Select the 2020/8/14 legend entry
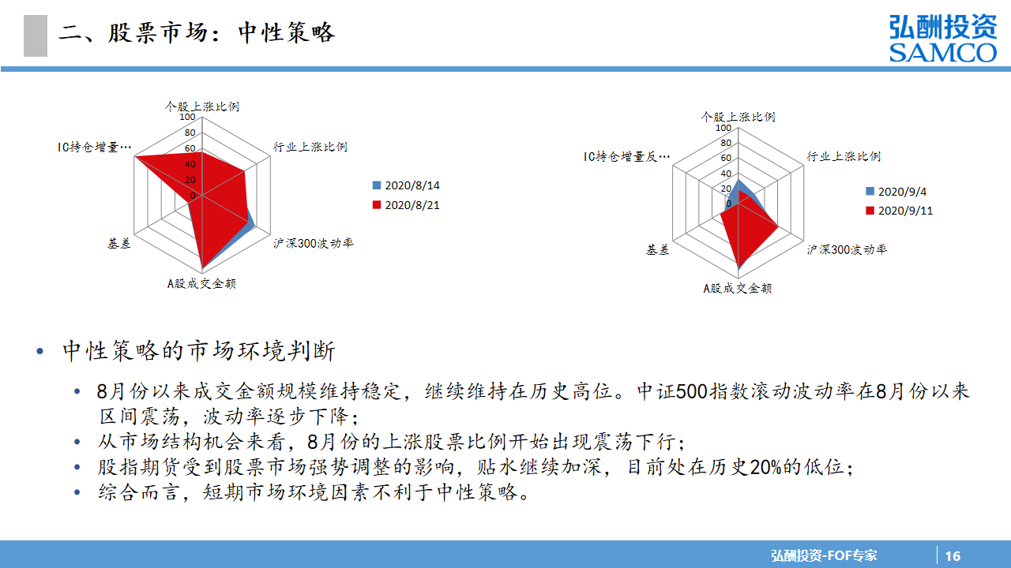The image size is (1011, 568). [406, 185]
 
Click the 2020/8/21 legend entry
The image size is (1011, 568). [406, 205]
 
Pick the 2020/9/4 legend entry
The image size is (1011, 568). [896, 192]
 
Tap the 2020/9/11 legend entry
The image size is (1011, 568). [899, 211]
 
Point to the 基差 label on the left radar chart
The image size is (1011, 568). [119, 244]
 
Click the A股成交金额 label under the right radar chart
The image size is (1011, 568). [738, 288]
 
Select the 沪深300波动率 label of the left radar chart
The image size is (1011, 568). [314, 244]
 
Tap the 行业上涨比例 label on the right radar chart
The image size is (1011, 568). [844, 156]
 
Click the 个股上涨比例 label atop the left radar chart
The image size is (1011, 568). [201, 106]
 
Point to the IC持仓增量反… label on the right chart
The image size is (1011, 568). [626, 156]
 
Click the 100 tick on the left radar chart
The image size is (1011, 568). [187, 117]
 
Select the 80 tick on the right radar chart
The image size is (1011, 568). [726, 143]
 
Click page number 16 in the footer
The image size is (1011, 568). [953, 556]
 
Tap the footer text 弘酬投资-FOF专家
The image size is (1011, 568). [824, 555]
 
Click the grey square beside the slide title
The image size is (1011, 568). [36, 35]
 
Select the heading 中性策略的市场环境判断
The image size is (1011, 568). [199, 351]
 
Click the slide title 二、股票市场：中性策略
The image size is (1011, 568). [197, 33]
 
